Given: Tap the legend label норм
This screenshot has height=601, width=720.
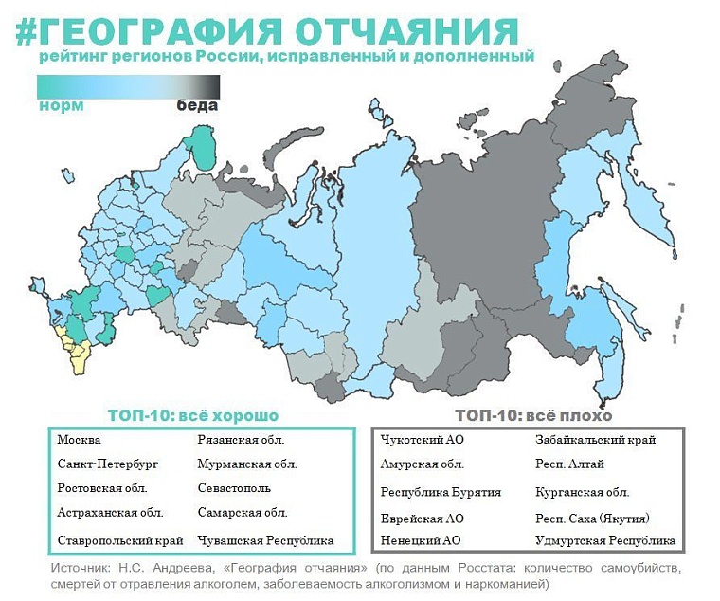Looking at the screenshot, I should click(x=61, y=105).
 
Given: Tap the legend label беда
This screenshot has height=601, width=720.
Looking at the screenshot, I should click(x=197, y=105).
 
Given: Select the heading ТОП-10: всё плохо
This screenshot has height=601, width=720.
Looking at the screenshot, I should click(x=533, y=415).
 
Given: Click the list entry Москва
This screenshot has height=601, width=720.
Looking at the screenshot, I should click(x=79, y=440).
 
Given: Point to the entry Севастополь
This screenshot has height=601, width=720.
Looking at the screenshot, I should click(x=234, y=488).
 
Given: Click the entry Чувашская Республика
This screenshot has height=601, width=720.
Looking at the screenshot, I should click(x=265, y=540).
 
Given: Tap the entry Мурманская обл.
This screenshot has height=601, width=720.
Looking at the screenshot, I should click(x=247, y=464).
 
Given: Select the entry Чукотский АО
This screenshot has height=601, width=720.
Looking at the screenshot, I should click(x=422, y=440).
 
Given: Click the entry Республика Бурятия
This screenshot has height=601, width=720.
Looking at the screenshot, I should click(x=441, y=492).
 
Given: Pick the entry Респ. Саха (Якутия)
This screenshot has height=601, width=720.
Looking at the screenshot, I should click(x=592, y=519).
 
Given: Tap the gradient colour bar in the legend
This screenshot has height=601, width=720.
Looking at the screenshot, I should click(x=128, y=86).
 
